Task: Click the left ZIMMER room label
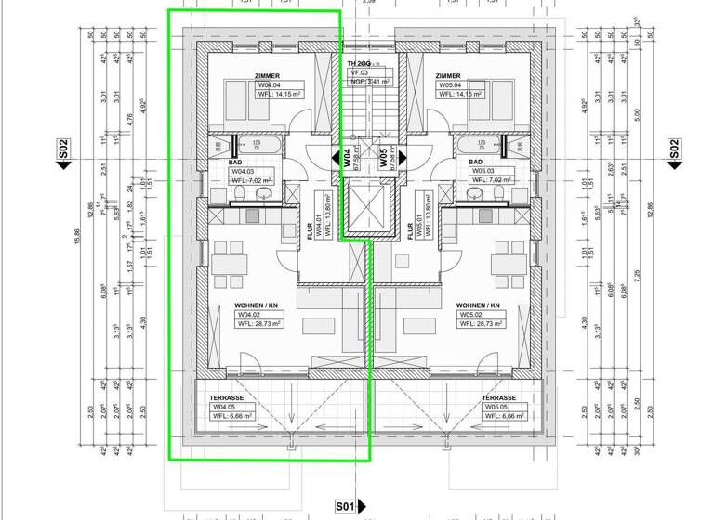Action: click(x=266, y=76)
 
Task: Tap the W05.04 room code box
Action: click(x=453, y=85)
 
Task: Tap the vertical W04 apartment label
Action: click(x=347, y=157)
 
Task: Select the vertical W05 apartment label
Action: click(x=383, y=157)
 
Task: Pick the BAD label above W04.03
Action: click(x=236, y=162)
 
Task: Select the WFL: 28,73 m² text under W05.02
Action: click(x=481, y=324)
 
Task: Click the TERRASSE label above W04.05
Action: click(x=226, y=397)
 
